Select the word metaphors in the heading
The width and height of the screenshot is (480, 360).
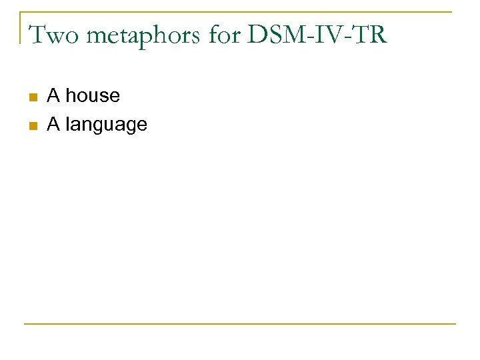[129, 35]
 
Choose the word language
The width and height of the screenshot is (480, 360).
[107, 125]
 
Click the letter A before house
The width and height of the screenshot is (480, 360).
[53, 96]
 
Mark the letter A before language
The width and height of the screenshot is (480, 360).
[53, 124]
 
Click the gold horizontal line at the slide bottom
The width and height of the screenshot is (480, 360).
[240, 324]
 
